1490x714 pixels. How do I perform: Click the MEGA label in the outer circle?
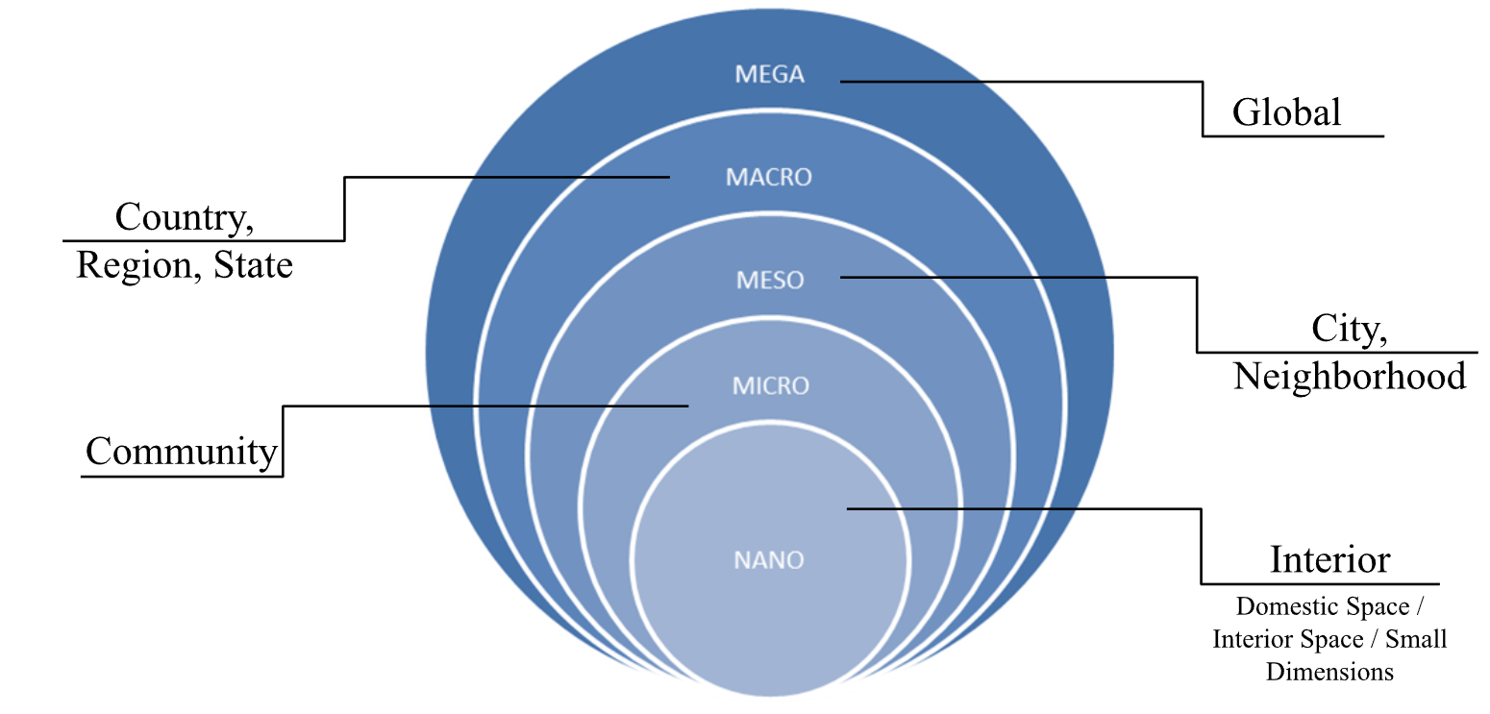(x=769, y=74)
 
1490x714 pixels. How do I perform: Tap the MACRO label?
(x=769, y=178)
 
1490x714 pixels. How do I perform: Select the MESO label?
(x=769, y=281)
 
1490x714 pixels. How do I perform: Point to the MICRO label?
(x=771, y=386)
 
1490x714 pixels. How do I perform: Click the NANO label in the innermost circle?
(x=769, y=559)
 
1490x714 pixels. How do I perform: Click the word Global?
(x=1286, y=113)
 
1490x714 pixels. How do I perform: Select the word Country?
(x=183, y=218)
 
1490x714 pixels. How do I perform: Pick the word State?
(x=253, y=264)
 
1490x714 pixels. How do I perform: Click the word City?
(x=1348, y=330)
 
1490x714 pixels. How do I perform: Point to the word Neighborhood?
(x=1350, y=376)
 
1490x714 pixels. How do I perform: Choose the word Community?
(x=181, y=451)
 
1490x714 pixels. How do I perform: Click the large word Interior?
(x=1329, y=559)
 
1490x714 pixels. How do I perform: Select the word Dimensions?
(x=1329, y=672)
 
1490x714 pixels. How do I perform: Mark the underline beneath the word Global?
(x=1293, y=135)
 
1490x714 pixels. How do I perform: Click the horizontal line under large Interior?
(x=1320, y=583)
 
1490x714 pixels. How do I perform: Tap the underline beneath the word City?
(x=1336, y=352)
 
